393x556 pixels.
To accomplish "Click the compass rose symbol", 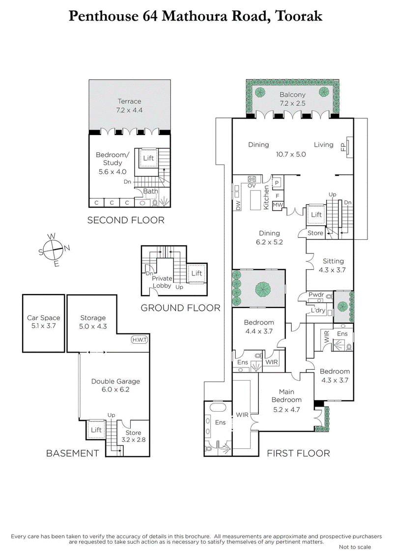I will pos(55,249).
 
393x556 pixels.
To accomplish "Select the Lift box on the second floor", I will pos(148,158).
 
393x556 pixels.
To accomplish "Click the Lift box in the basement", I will pos(96,430).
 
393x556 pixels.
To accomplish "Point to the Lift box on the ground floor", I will pos(197,273).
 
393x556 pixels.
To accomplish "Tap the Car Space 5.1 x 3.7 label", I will pos(43,322).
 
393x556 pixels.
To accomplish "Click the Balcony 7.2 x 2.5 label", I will pos(292,99).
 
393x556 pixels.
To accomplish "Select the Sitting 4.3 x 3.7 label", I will pos(333,265).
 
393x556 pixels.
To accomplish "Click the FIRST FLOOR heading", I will pos(298,453).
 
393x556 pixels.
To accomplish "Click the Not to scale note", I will pos(355,547).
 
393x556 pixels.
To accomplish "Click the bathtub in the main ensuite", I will pos(217,408).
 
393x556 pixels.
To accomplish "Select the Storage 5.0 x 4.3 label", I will pos(93,322).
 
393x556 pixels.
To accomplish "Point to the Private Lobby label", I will pos(163,281).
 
